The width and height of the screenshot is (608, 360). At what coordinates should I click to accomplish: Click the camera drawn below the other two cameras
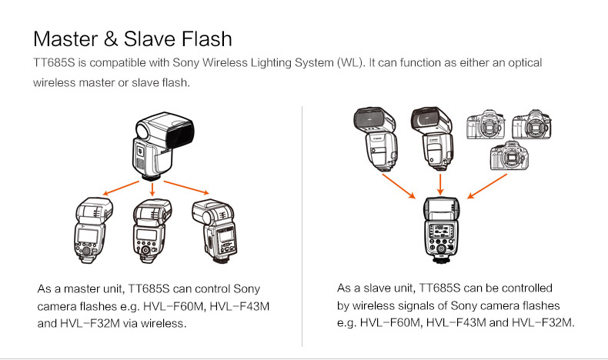[x=509, y=157]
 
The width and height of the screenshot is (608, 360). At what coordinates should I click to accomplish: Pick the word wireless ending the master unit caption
[x=163, y=324]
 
